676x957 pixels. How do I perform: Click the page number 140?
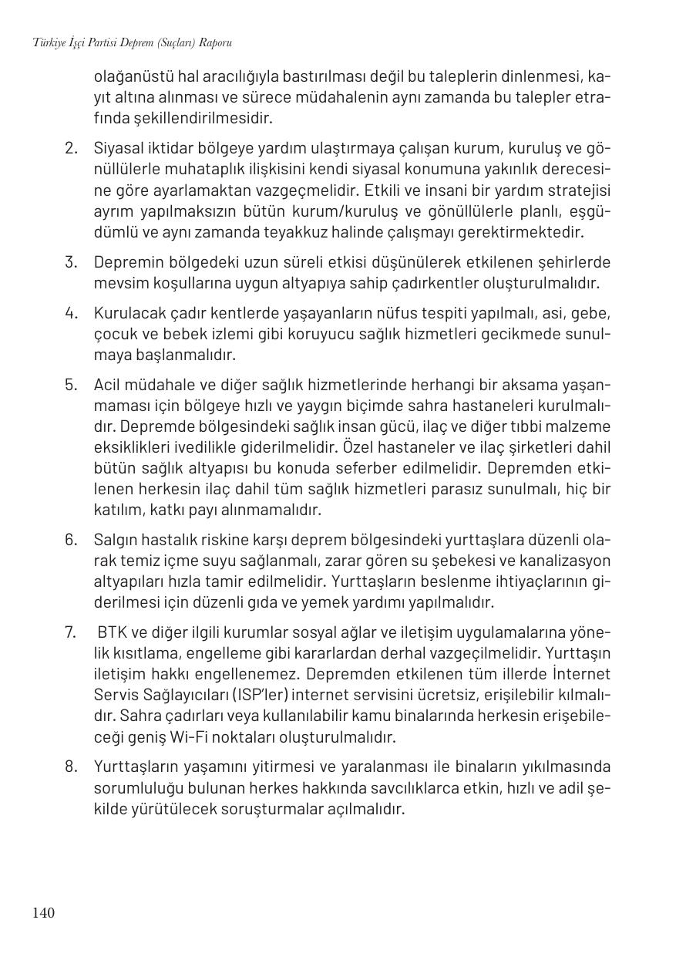[43, 913]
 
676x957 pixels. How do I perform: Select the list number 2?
[72, 147]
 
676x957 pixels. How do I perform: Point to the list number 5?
[72, 384]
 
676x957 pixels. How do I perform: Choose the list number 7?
[71, 633]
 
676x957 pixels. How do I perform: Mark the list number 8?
[72, 767]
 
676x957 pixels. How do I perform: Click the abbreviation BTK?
[112, 633]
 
